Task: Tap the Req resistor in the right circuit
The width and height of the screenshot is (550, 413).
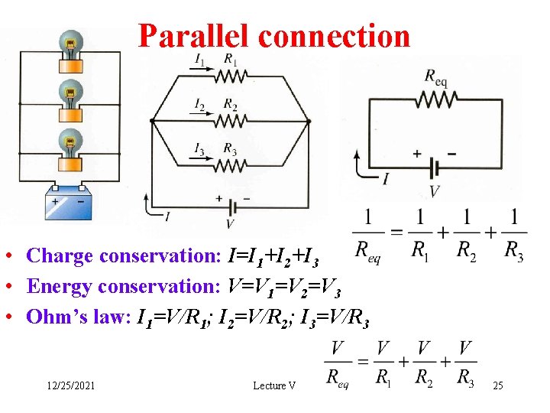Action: tap(437, 99)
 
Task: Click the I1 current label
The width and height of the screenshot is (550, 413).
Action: tap(200, 60)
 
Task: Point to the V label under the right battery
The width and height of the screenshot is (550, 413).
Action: tap(434, 190)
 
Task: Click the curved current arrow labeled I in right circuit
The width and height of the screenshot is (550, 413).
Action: tap(365, 167)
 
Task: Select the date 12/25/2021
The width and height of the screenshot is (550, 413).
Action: tap(70, 386)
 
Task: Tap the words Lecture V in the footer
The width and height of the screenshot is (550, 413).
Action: tap(274, 386)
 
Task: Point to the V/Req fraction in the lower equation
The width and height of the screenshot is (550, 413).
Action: tap(338, 364)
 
